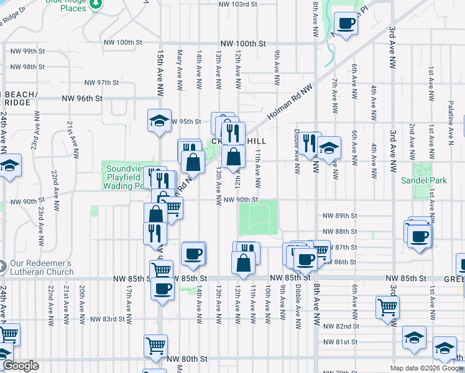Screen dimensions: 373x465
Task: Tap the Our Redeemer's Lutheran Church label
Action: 41,267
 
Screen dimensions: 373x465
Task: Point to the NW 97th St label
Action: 101,82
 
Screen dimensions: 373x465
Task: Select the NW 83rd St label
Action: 108,319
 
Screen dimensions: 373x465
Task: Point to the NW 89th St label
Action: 340,216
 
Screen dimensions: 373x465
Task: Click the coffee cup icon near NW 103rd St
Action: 346,24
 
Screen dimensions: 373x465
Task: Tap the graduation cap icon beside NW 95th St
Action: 159,120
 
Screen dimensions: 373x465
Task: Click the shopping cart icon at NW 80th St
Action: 155,345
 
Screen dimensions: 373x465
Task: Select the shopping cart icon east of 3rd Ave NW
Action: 387,306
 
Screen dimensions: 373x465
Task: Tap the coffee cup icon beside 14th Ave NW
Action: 193,253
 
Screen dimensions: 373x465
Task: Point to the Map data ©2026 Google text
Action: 426,368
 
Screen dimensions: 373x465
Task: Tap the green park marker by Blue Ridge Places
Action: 95,5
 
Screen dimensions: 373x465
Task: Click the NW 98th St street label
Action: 27,67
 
